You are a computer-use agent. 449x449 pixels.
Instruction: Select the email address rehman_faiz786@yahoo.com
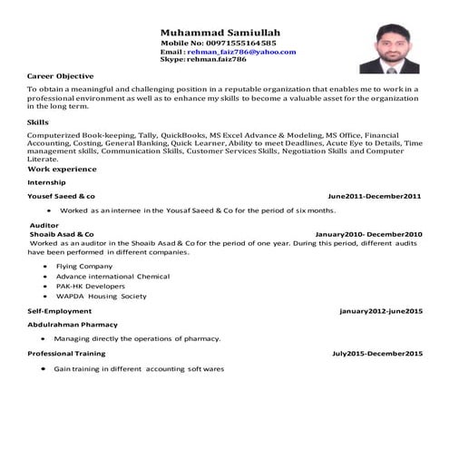click(x=241, y=52)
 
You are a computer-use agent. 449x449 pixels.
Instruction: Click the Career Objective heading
click(x=61, y=76)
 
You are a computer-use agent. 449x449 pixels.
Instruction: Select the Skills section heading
click(x=38, y=120)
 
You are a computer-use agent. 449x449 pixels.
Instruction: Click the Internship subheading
click(x=46, y=182)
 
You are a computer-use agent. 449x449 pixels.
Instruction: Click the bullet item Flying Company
click(x=83, y=266)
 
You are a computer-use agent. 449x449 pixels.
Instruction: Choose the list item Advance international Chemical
click(x=112, y=276)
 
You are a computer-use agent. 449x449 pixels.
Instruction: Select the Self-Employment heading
click(x=59, y=311)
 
